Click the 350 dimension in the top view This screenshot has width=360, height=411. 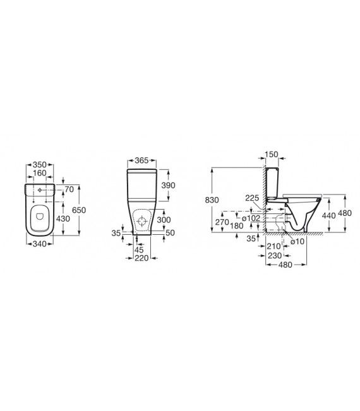(40, 165)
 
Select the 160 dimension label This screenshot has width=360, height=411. (40, 173)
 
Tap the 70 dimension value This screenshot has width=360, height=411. (69, 189)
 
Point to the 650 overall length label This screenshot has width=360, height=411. (79, 210)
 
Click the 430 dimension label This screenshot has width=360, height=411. (63, 218)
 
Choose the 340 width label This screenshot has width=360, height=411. (40, 244)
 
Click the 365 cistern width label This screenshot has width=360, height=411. (141, 160)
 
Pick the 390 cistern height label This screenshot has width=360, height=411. (168, 186)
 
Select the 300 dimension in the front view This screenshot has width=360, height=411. (164, 220)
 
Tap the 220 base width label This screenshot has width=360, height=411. (141, 258)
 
